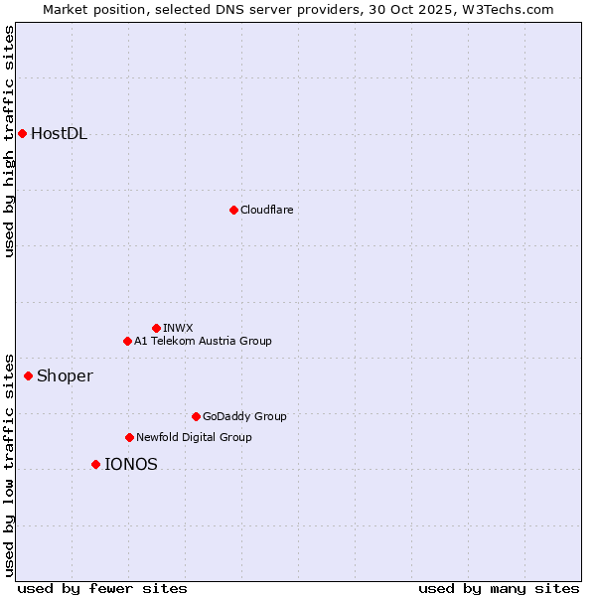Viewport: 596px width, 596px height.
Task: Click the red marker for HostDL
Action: click(x=22, y=133)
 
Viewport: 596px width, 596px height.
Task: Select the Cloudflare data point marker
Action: click(x=233, y=210)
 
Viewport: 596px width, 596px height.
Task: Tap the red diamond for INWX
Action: click(x=156, y=328)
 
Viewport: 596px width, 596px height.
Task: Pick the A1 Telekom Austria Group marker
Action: click(x=127, y=341)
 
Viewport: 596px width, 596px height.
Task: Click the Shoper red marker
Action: click(x=28, y=375)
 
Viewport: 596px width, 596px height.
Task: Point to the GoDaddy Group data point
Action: click(x=196, y=416)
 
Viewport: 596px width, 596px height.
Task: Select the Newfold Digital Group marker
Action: click(x=129, y=437)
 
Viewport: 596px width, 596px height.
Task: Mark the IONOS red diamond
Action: click(x=95, y=464)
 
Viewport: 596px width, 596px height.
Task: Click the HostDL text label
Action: click(x=60, y=134)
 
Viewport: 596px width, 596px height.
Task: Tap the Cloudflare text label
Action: click(x=267, y=210)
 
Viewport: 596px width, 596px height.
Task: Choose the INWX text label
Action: click(x=178, y=328)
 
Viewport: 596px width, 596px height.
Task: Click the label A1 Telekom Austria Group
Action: click(x=203, y=341)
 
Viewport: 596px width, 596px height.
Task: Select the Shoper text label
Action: click(x=65, y=375)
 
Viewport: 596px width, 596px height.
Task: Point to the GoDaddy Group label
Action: click(x=244, y=416)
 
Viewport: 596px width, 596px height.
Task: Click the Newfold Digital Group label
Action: click(x=194, y=437)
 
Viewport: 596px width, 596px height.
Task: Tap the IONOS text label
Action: click(x=131, y=464)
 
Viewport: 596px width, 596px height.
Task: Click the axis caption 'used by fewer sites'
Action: click(x=102, y=588)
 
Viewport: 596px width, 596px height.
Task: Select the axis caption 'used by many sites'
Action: click(x=499, y=588)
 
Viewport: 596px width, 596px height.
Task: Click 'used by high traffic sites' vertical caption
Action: click(x=9, y=141)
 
